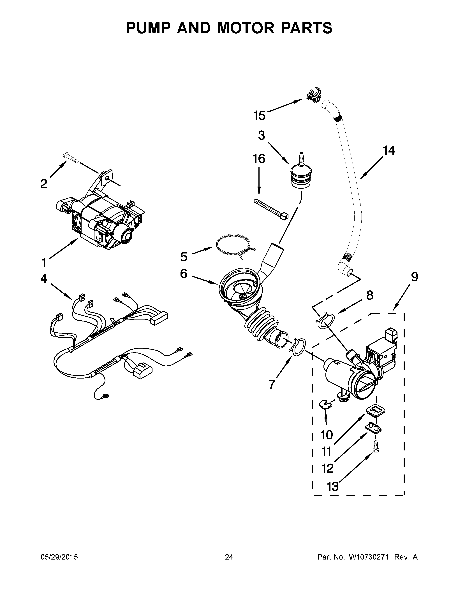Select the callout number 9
click(x=414, y=277)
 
